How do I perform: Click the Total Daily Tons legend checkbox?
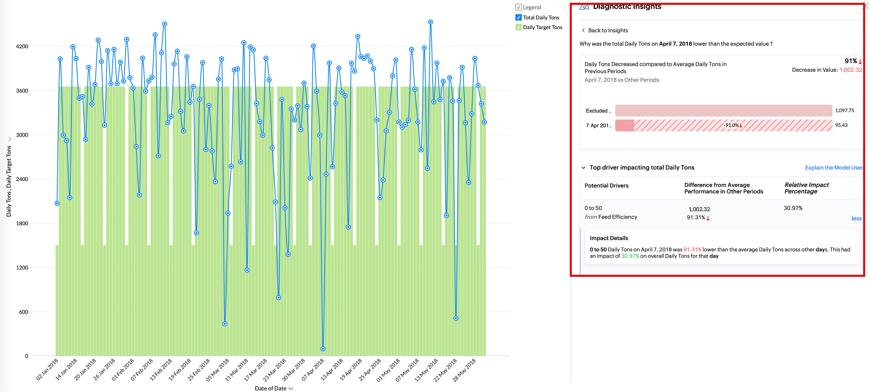pos(518,18)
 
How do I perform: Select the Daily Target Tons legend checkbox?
pos(518,27)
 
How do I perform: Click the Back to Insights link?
pos(608,30)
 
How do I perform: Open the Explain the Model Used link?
pos(833,168)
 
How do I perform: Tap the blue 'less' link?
pos(856,218)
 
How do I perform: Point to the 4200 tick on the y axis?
pos(22,46)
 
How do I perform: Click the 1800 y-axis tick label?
pos(22,223)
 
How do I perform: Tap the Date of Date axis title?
pos(271,388)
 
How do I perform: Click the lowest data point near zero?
pos(323,349)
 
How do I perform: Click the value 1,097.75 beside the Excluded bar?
pos(844,110)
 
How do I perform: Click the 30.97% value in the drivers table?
pos(793,208)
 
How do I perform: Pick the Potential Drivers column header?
pos(606,185)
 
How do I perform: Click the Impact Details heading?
pos(609,238)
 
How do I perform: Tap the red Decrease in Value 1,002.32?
pos(850,70)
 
